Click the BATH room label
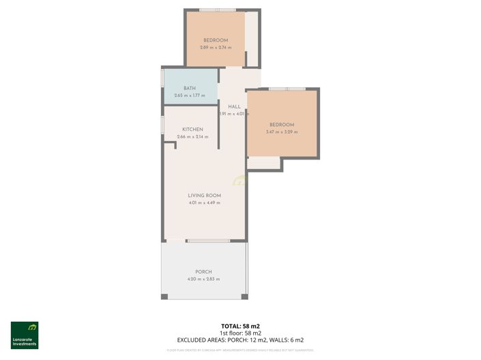coord(189,88)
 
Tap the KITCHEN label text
coord(192,130)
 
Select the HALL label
coord(234,106)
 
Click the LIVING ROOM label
coord(204,196)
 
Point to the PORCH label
coord(203,272)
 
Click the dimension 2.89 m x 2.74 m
coord(215,48)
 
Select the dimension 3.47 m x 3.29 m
coord(281,132)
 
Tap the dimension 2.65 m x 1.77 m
coord(189,95)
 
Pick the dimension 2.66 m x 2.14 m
coord(192,137)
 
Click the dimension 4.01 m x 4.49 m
coord(204,203)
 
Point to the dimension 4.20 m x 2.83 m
coord(203,280)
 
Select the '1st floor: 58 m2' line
coord(239,333)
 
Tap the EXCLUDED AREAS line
coord(239,340)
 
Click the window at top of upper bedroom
coord(218,10)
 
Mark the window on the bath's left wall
coord(162,77)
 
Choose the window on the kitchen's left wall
coord(162,125)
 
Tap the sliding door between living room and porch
coord(208,241)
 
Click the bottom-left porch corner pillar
coord(164,296)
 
